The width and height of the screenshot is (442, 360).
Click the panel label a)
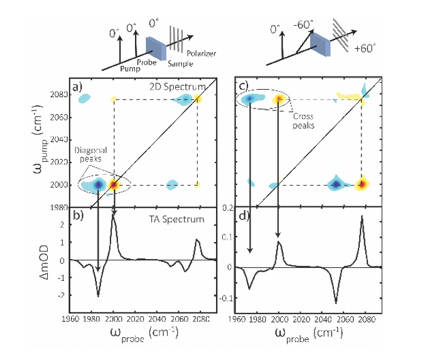coord(77,87)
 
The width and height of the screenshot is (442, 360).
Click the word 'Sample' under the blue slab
coord(178,63)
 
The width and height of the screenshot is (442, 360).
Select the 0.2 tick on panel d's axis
coord(229,208)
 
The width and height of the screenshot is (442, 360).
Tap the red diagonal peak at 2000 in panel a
coord(114,184)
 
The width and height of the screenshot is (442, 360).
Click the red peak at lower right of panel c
coord(362,184)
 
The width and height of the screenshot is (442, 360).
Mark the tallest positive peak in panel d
coord(362,217)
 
